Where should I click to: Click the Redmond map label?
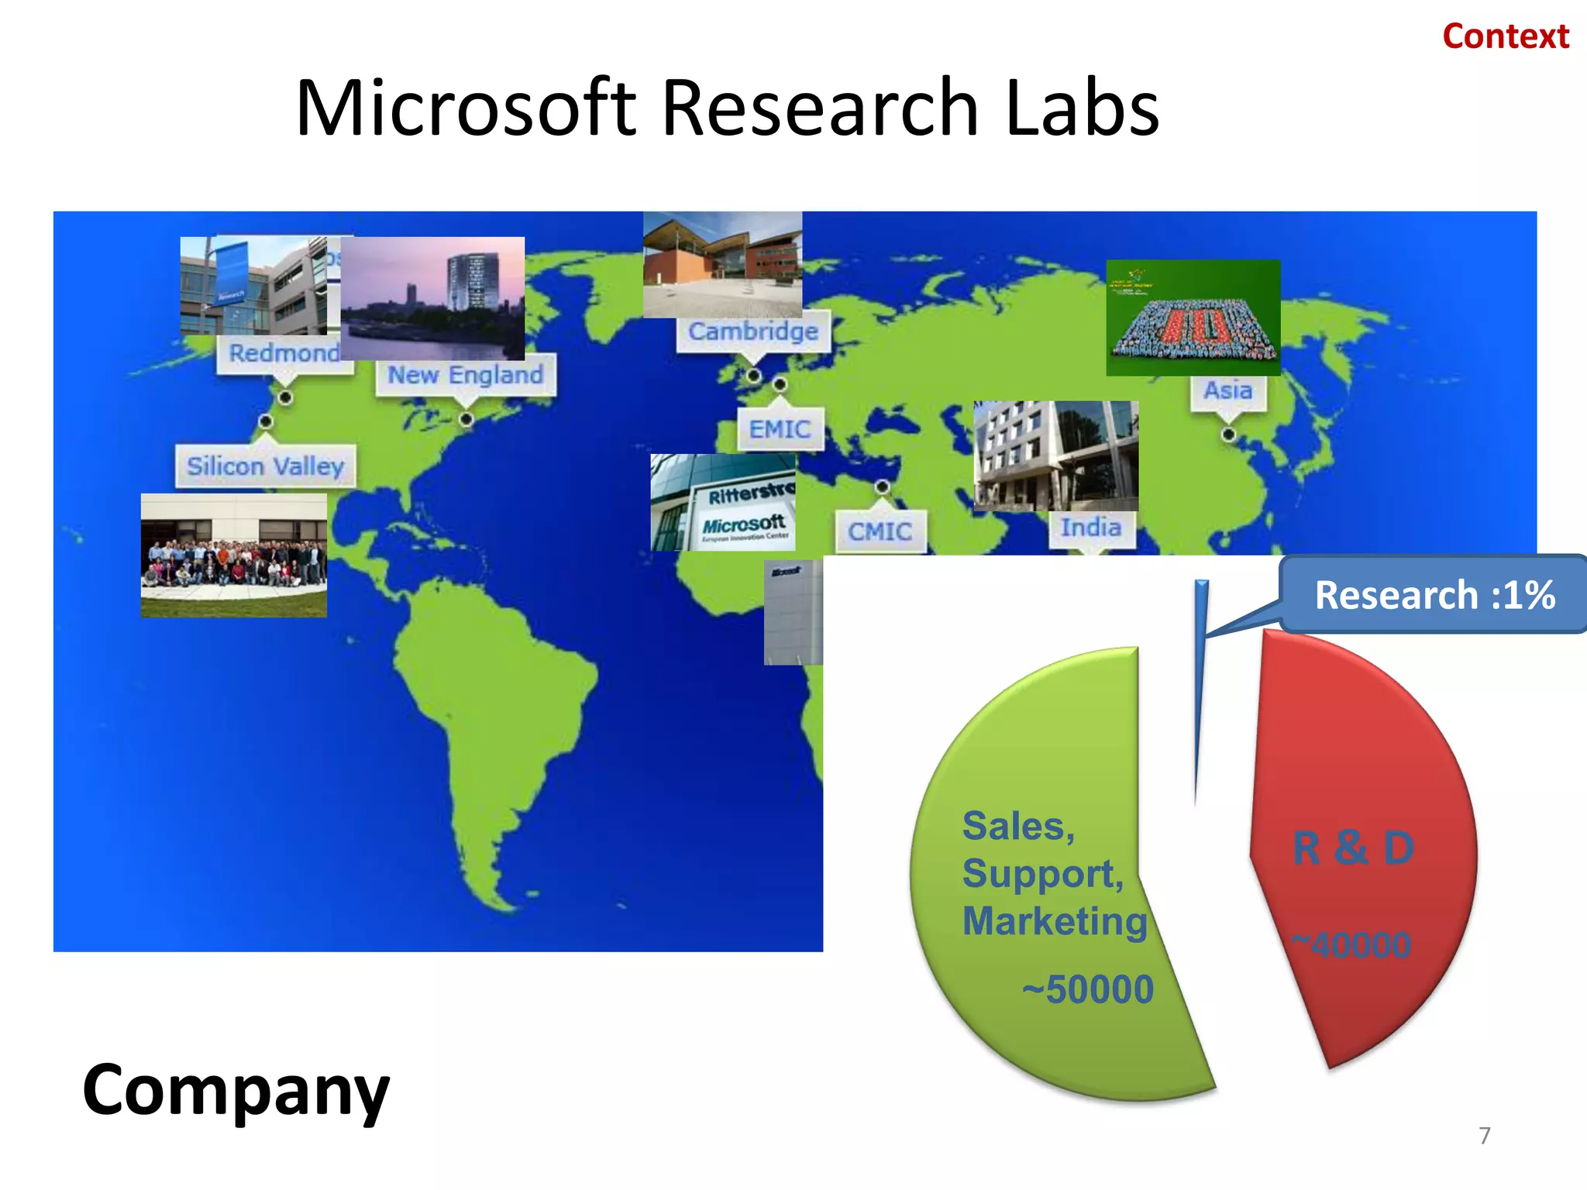tap(284, 353)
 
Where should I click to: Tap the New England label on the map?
tap(465, 375)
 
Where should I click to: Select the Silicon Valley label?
tap(265, 466)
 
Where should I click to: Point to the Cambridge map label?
tap(752, 332)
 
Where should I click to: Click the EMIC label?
tap(780, 429)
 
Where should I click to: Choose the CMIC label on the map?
tap(880, 531)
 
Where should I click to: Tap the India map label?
tap(1091, 528)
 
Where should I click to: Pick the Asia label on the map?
tap(1227, 390)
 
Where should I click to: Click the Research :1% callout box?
tap(1434, 595)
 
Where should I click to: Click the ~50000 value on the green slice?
tap(1088, 989)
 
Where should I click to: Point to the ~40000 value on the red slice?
tap(1351, 945)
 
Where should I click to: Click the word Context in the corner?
tap(1505, 36)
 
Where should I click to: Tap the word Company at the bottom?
tap(236, 1089)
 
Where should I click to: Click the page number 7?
tap(1484, 1136)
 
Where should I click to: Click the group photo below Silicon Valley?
tap(233, 555)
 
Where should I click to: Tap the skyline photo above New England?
tap(432, 297)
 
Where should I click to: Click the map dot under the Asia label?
tap(1228, 434)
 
